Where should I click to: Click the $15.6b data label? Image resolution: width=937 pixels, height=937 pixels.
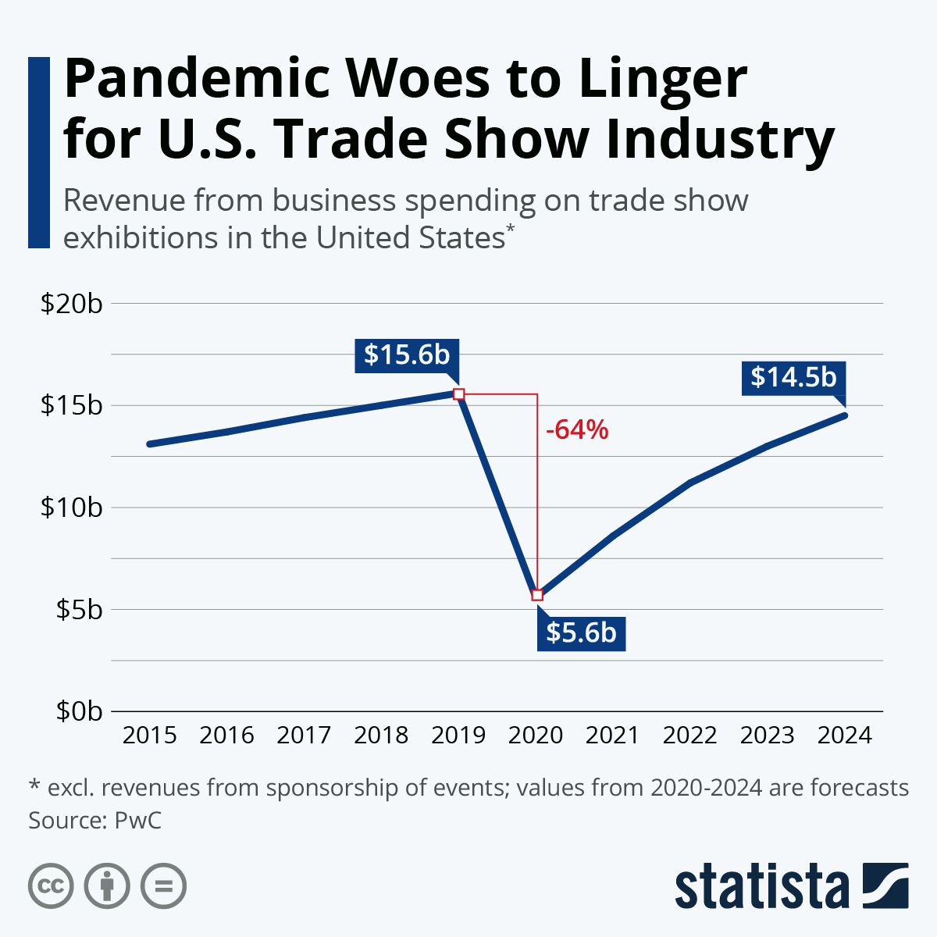click(x=407, y=355)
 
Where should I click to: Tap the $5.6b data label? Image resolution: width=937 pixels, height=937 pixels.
click(x=581, y=632)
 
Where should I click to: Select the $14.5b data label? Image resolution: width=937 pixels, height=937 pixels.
click(x=793, y=377)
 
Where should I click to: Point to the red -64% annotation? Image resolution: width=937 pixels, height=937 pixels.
click(x=576, y=430)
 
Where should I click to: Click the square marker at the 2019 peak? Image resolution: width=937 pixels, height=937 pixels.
click(x=459, y=394)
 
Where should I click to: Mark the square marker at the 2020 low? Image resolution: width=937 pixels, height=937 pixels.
click(x=537, y=595)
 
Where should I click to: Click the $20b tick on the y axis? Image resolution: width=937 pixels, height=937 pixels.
click(x=72, y=304)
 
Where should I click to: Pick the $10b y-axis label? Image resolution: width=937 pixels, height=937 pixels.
click(x=72, y=508)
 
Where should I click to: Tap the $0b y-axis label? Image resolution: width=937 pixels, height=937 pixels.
click(x=79, y=711)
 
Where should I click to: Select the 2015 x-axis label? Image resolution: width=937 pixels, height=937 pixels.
click(x=150, y=736)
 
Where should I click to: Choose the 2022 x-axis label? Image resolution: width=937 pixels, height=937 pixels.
click(x=690, y=736)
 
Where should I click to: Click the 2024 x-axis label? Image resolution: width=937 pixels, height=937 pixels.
click(x=844, y=736)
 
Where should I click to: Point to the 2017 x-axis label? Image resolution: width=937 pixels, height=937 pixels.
click(x=304, y=736)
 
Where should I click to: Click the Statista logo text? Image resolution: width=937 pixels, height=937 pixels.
click(x=761, y=887)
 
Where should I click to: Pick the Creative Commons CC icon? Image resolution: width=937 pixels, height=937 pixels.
click(x=51, y=887)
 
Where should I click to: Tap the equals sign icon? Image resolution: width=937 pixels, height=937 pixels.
click(x=163, y=887)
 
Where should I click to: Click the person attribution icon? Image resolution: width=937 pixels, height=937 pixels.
click(x=107, y=887)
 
